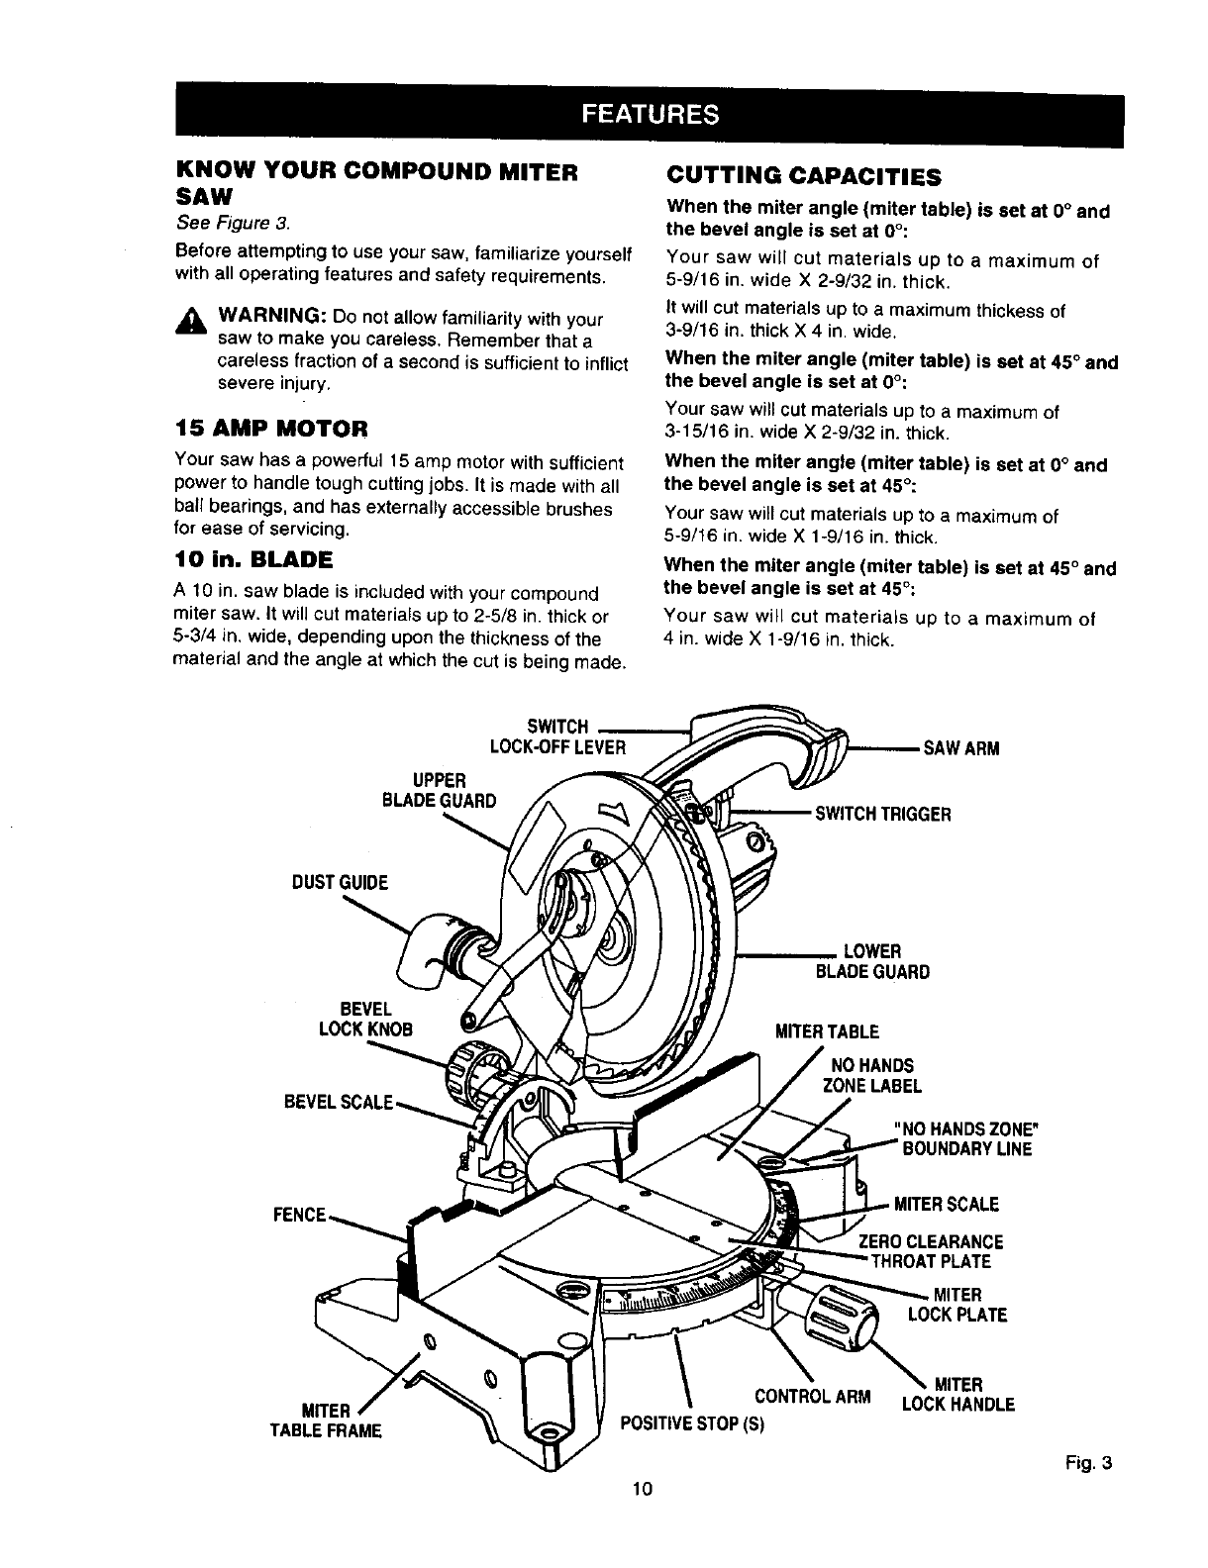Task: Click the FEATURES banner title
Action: (651, 114)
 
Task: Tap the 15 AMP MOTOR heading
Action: (271, 429)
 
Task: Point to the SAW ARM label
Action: (960, 748)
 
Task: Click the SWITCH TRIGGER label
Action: (882, 814)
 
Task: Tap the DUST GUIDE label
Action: (339, 882)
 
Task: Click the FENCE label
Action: (301, 1214)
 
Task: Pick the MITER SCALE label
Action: (946, 1204)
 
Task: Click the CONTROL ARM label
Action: (812, 1398)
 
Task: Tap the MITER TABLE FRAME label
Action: (332, 1420)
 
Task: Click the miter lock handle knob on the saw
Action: (842, 1318)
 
